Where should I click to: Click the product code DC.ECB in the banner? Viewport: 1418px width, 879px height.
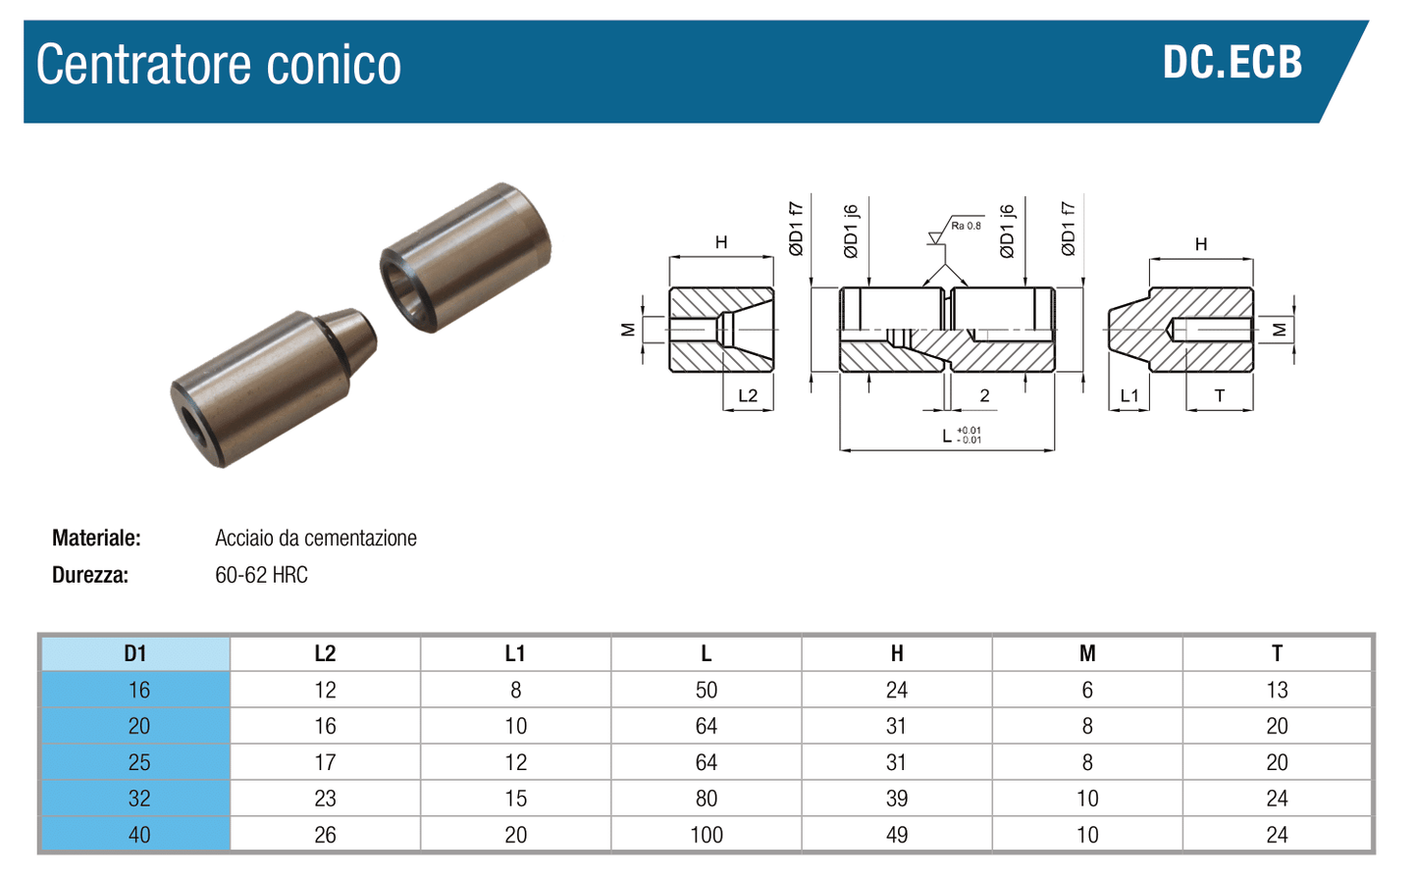1232,63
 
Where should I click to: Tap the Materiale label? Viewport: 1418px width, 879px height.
96,538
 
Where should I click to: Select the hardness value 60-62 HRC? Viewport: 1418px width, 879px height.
261,575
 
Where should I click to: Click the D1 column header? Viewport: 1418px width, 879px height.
135,653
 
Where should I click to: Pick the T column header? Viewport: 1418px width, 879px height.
1277,653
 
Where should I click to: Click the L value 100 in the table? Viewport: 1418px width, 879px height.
706,835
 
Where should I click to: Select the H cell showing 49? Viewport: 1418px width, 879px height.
896,835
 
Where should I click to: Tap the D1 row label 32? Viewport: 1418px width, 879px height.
138,799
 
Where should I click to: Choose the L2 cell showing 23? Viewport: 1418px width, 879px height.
325,799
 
